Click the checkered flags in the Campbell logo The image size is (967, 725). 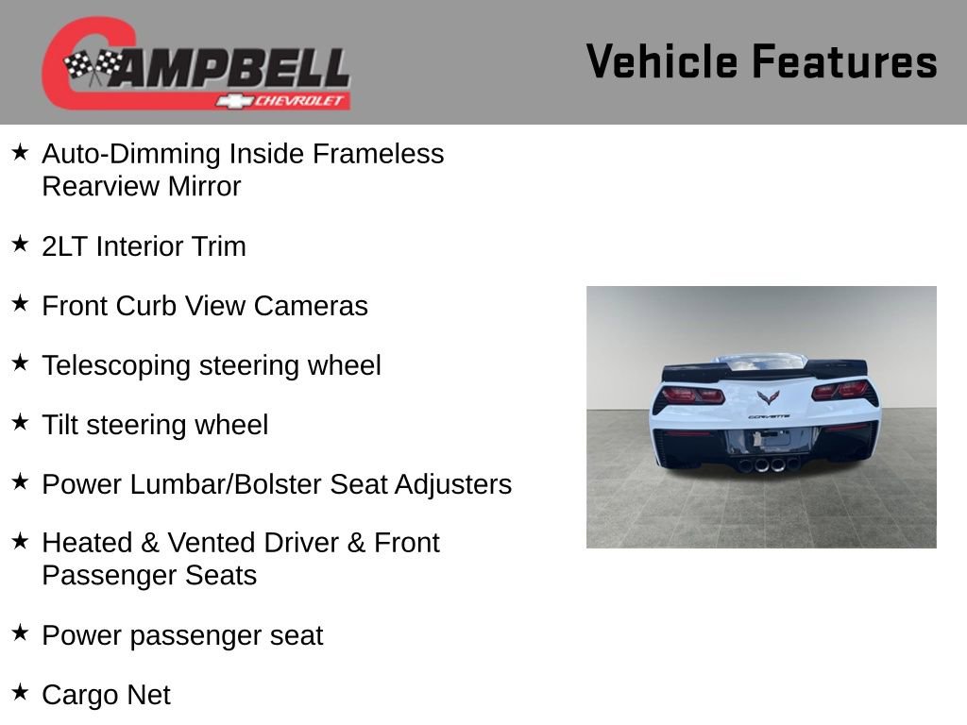(92, 66)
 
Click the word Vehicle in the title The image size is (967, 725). (661, 61)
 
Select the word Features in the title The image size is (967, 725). (844, 61)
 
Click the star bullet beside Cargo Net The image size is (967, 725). (20, 692)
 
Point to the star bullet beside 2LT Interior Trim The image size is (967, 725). (20, 244)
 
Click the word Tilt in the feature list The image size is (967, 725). (59, 425)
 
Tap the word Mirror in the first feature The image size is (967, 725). (204, 186)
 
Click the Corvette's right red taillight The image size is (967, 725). (840, 390)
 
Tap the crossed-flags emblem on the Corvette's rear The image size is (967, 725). (768, 397)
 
